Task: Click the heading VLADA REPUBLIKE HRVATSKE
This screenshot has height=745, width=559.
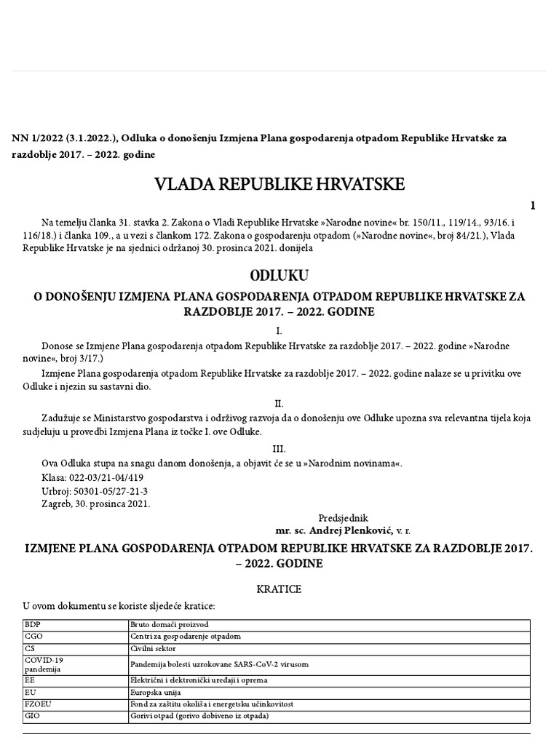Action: (x=279, y=184)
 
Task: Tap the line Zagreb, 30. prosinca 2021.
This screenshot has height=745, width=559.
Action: (x=96, y=504)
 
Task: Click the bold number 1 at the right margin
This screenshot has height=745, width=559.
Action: (x=533, y=205)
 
